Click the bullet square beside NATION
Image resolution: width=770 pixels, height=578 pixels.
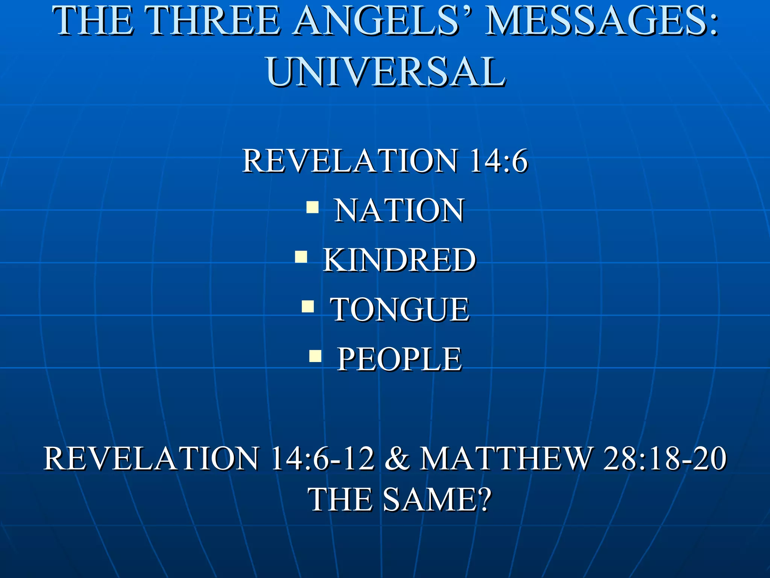coord(312,207)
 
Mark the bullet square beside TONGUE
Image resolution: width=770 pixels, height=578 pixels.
coord(308,306)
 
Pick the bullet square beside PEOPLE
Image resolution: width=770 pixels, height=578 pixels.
coord(315,356)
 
